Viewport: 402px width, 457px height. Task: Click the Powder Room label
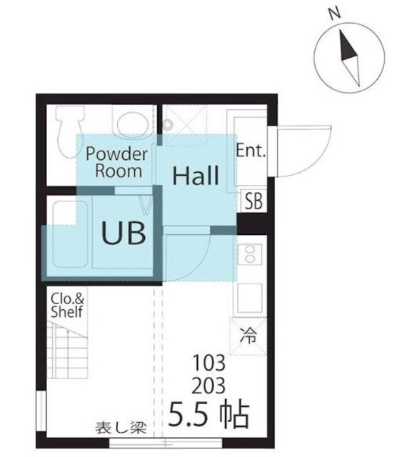(x=117, y=162)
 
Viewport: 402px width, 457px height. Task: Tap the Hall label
(x=196, y=176)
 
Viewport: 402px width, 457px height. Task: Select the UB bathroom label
(x=124, y=233)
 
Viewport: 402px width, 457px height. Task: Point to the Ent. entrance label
(x=251, y=150)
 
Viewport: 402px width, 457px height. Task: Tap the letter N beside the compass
(x=335, y=14)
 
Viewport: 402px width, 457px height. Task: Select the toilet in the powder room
(x=70, y=131)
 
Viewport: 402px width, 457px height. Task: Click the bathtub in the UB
(x=70, y=234)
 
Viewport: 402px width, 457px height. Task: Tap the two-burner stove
(x=250, y=254)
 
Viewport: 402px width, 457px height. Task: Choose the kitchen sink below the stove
(x=249, y=297)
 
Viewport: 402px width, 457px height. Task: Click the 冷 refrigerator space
(x=248, y=336)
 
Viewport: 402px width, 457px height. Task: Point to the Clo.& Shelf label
(x=67, y=305)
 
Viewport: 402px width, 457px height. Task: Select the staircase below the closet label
(x=67, y=349)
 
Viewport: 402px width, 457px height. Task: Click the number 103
(x=209, y=363)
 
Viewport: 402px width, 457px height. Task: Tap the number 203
(x=208, y=386)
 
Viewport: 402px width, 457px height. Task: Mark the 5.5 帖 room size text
(x=208, y=414)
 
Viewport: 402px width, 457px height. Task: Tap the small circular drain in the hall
(x=167, y=124)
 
